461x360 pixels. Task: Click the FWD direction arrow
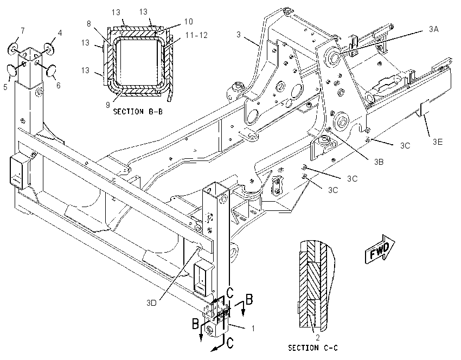[x=379, y=249]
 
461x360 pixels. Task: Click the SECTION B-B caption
[x=138, y=112]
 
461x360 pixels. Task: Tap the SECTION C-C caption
[x=313, y=348]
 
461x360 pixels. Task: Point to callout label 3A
[x=434, y=29]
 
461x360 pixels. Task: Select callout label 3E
[x=438, y=142]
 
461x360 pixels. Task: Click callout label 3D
[x=151, y=303]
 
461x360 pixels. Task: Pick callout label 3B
[x=379, y=162]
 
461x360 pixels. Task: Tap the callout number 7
[x=22, y=30]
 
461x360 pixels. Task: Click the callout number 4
[x=60, y=33]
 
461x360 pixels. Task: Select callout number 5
[x=5, y=87]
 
